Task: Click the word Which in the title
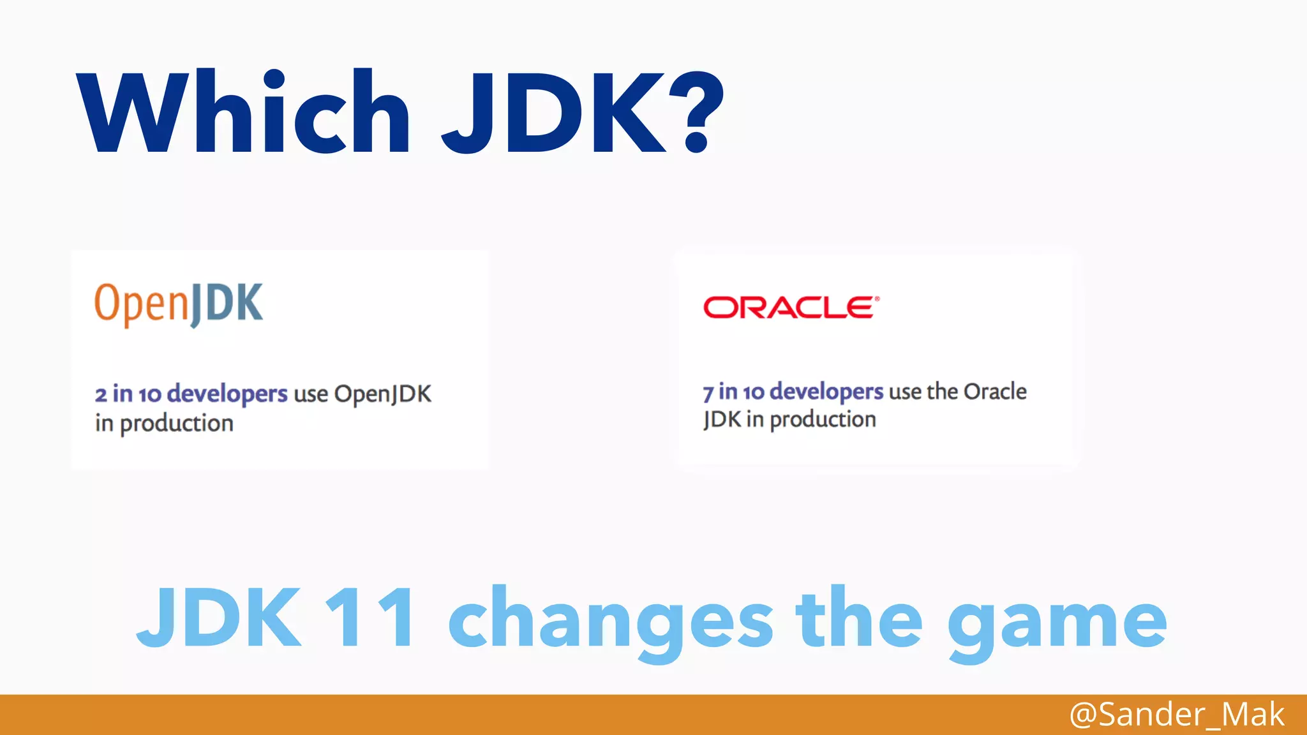click(x=243, y=112)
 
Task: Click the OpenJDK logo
click(x=179, y=304)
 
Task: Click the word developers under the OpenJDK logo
click(x=227, y=394)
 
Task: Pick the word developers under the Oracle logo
click(x=826, y=391)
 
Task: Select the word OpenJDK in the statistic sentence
click(x=383, y=394)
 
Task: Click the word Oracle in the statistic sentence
click(x=995, y=391)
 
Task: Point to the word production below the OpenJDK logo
click(x=177, y=423)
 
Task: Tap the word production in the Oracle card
click(x=823, y=420)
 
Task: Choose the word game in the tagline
click(x=1057, y=621)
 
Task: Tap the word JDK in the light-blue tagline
click(x=219, y=618)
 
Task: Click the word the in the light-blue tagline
click(x=859, y=618)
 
